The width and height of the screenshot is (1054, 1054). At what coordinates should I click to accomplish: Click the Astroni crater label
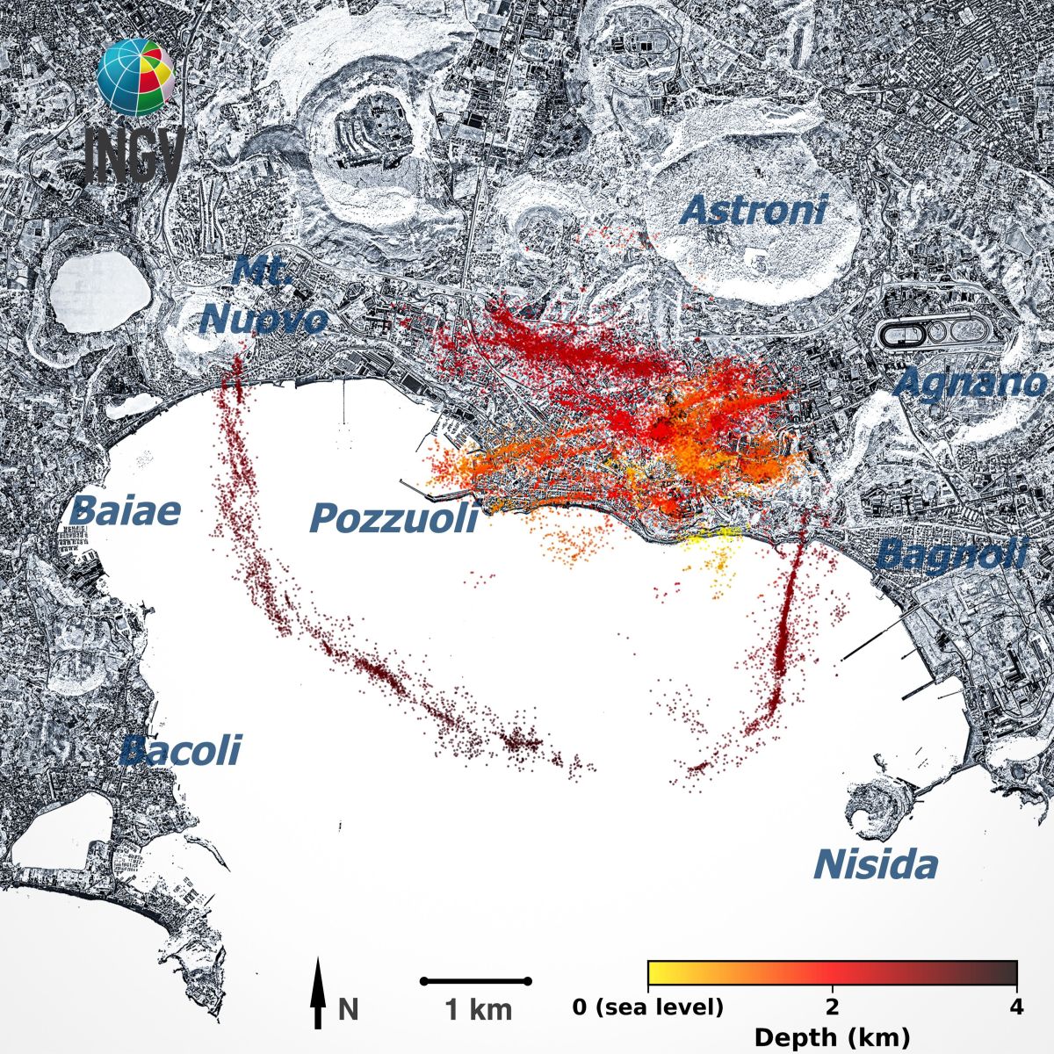tap(754, 210)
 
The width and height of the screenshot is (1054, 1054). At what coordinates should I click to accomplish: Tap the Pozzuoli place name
tap(393, 518)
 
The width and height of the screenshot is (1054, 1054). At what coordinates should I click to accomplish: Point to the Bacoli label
tap(179, 751)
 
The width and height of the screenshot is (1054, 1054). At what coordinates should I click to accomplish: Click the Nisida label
tap(875, 865)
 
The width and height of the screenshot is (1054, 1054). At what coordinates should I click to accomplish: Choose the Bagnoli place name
tap(951, 554)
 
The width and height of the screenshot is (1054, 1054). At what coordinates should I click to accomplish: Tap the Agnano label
tap(971, 384)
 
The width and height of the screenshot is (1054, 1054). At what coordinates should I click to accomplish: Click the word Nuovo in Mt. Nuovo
tap(263, 320)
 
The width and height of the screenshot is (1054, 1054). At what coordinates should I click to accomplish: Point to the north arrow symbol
tap(318, 993)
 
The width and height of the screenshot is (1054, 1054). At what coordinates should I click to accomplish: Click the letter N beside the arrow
tap(348, 1009)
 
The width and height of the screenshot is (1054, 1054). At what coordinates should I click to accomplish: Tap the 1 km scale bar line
tap(476, 980)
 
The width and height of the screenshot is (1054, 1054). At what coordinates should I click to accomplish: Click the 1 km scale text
tap(479, 1010)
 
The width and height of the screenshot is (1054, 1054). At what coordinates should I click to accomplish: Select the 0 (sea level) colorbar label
tap(648, 1007)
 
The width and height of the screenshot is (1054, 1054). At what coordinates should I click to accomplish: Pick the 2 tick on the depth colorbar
tap(832, 1007)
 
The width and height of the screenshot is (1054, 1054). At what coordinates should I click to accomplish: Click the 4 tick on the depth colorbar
tap(1016, 1007)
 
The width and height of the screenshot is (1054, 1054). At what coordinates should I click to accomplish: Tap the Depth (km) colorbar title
tap(832, 1037)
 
